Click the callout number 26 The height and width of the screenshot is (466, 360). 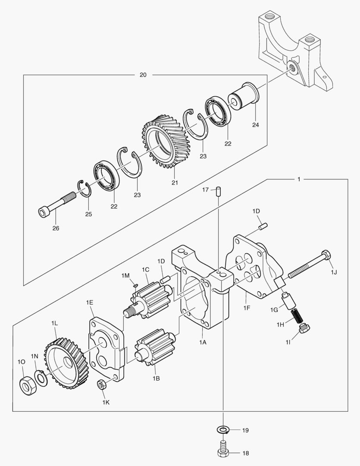[x=56, y=228]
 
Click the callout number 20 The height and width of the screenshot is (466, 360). [x=143, y=75]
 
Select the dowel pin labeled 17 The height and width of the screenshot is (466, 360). [x=219, y=190]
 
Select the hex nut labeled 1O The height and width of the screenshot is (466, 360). [x=27, y=383]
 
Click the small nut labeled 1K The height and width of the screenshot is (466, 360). [x=102, y=384]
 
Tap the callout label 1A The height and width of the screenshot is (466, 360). [x=203, y=342]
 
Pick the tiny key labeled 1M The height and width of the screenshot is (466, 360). [x=135, y=284]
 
